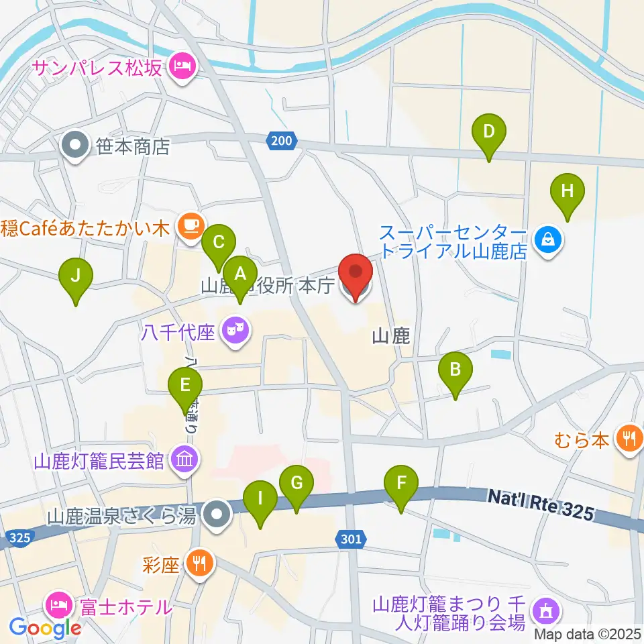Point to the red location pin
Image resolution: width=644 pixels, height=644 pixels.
coord(355,275)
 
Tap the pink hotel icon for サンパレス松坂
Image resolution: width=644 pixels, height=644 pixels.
coord(180,66)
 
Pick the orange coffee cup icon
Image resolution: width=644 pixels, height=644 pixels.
coord(190,224)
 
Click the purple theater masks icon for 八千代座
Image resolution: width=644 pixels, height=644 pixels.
coord(234,329)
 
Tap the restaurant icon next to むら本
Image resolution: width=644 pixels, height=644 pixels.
coord(628,440)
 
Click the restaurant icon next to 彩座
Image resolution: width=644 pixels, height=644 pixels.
coord(199,562)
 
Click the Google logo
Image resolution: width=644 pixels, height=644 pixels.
coord(45,628)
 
